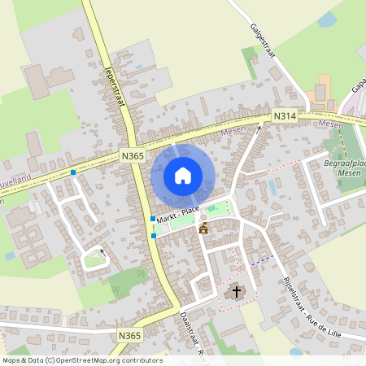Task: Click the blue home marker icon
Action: [183, 176]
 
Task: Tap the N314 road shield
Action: [284, 116]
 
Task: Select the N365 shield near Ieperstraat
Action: [132, 155]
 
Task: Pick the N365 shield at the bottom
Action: [129, 335]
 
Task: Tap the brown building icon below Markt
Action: [203, 228]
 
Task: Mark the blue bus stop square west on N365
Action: [73, 172]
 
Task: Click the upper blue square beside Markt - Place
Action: [153, 219]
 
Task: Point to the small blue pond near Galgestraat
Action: [327, 20]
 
